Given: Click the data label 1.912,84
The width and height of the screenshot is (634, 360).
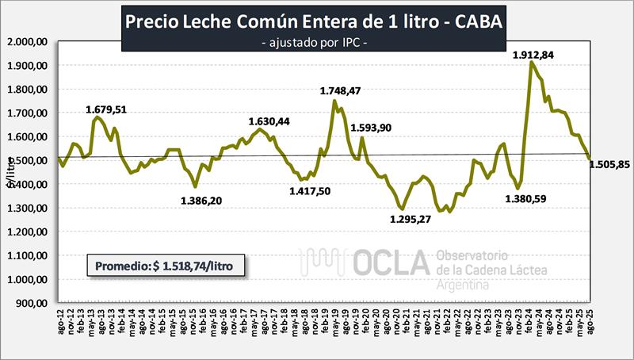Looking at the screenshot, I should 533,55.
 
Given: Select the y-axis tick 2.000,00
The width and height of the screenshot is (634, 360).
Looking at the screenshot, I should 29,41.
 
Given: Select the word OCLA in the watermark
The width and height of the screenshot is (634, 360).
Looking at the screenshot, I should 388,264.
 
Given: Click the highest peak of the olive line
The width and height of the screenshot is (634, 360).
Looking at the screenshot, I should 530,63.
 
